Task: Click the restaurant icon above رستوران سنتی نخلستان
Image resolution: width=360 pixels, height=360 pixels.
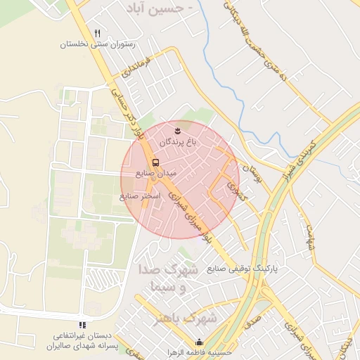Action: tap(98, 33)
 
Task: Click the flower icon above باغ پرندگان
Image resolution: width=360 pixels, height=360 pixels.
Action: tap(178, 131)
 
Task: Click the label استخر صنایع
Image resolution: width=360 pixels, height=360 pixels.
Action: tap(141, 195)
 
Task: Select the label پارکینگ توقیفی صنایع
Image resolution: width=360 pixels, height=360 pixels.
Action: tap(243, 269)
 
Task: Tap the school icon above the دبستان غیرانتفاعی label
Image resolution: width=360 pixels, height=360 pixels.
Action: tap(83, 325)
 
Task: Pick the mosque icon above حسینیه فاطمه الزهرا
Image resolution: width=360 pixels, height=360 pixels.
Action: tap(199, 342)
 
